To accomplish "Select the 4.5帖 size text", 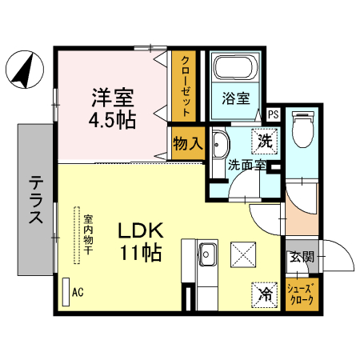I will point(111,120).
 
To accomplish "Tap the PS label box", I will point(273,114).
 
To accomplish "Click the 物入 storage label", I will point(188,145).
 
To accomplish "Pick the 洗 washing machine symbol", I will point(264,141).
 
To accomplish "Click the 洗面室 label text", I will point(246,166).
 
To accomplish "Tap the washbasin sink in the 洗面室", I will point(221,146).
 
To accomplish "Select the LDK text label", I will point(141,231).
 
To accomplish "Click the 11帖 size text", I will point(141,254).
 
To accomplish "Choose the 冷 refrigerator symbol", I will point(263,294).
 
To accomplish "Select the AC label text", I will point(78,293).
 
